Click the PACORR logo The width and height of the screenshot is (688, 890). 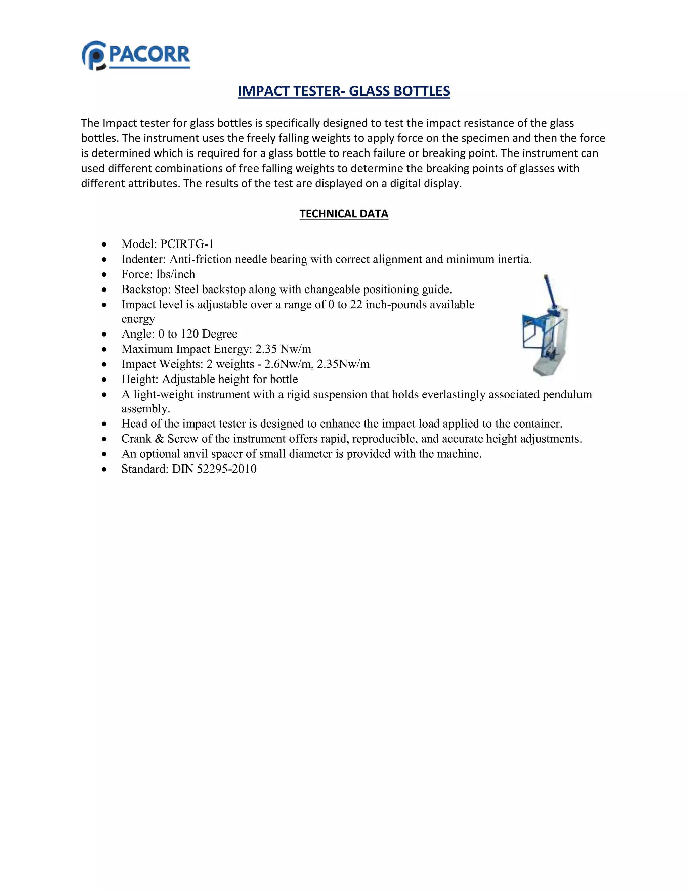[136, 55]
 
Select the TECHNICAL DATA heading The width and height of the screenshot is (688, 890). [344, 214]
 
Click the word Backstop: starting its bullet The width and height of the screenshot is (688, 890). [146, 289]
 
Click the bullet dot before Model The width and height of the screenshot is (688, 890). [105, 244]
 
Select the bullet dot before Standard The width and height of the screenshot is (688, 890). [105, 470]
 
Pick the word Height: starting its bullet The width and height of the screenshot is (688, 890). [140, 379]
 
